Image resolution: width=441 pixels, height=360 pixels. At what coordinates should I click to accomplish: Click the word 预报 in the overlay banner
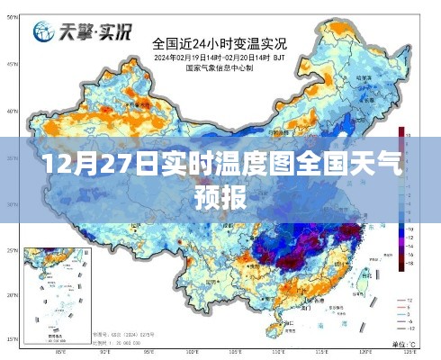point(220,196)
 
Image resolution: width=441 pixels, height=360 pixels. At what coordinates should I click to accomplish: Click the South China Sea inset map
point(54,292)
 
